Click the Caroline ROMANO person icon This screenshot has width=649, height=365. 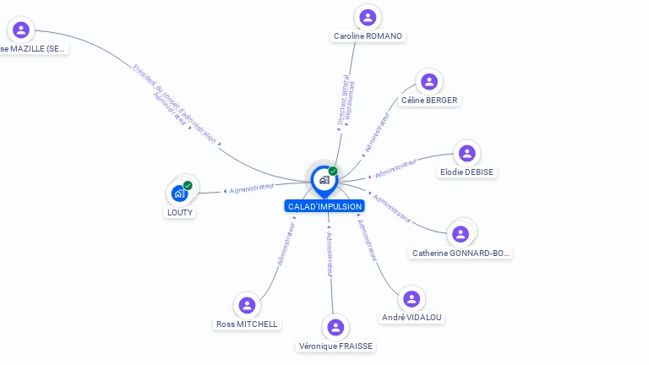pos(368,16)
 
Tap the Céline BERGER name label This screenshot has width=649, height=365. pos(429,100)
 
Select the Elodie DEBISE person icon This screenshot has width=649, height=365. pos(467,153)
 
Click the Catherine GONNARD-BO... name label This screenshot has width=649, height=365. pos(461,253)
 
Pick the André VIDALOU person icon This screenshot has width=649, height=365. pos(412,299)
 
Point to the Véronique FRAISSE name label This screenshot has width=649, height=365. pos(335,346)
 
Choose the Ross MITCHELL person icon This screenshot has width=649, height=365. pos(247,305)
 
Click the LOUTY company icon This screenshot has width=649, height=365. pos(179,193)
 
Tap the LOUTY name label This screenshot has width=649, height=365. pos(180,212)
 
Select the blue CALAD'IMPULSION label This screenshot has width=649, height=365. pos(324,206)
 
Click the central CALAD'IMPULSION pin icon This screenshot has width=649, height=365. pos(323,180)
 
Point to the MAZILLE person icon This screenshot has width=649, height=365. pos(21,30)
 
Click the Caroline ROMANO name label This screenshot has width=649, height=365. pos(368,36)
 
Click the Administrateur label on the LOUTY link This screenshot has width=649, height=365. pos(252,188)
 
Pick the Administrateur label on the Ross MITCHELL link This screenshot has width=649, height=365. pos(286,245)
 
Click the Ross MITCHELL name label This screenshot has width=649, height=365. pos(247,324)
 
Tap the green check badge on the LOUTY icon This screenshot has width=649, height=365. pos(188,185)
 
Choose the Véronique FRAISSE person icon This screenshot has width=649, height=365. pos(335,327)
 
